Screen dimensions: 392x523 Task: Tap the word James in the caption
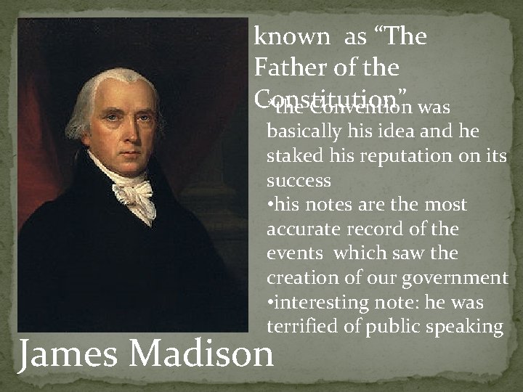66,354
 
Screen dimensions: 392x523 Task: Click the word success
299,181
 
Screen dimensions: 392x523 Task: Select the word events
292,254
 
